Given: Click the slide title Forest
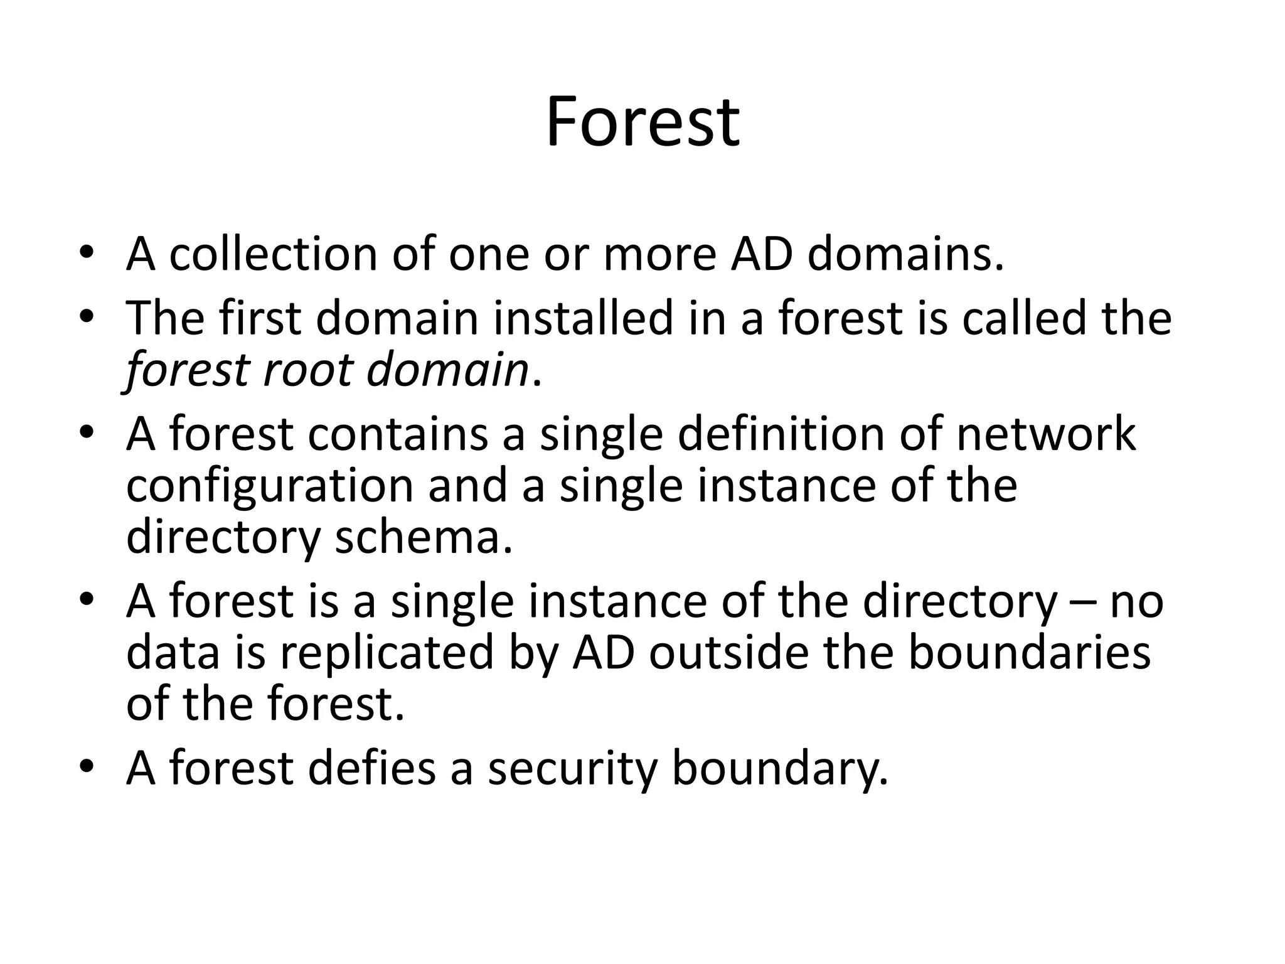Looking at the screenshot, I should (x=642, y=122).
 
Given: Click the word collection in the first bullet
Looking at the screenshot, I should (x=273, y=254).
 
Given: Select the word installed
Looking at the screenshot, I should (x=583, y=318).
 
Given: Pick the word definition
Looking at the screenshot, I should (x=780, y=434).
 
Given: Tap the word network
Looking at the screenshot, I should (x=1046, y=434).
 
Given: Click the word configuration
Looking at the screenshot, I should (x=270, y=486).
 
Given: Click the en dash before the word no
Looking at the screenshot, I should (x=1084, y=601).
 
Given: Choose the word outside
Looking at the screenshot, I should (x=728, y=653).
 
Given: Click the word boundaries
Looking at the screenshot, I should (x=1029, y=653).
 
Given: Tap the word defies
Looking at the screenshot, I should (x=371, y=768).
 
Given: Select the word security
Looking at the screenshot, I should (x=572, y=769).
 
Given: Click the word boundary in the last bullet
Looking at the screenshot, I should (x=780, y=769).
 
